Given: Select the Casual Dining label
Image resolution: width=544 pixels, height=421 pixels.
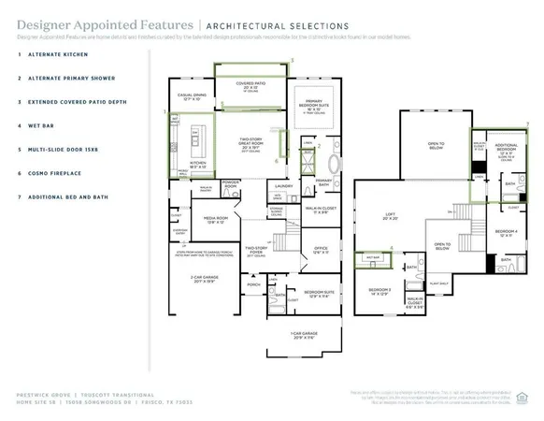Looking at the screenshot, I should (194, 96).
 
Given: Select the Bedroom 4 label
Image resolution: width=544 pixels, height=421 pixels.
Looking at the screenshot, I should (505, 232).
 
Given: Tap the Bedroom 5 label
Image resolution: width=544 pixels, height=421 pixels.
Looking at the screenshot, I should (378, 292).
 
